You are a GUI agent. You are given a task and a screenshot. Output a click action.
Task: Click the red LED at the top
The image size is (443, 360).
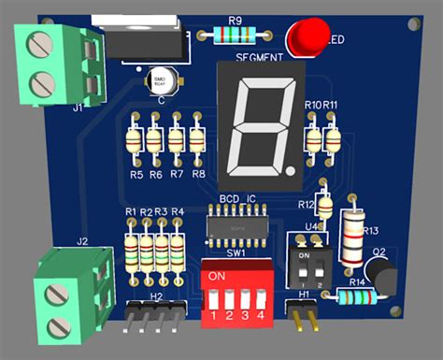(304, 38)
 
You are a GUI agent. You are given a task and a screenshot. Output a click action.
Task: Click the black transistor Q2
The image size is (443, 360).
(382, 274)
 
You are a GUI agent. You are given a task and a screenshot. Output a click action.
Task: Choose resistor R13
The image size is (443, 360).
(354, 235)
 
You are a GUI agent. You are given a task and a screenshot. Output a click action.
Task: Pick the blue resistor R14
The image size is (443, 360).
(356, 297)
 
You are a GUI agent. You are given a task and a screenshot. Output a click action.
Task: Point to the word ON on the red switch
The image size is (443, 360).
(217, 277)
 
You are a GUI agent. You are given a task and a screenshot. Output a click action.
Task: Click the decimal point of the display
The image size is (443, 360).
(294, 171)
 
